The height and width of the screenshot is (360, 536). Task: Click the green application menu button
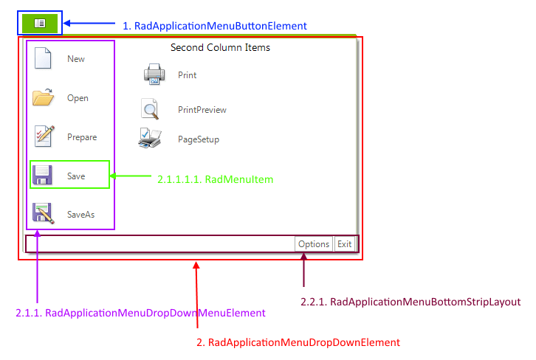(x=40, y=23)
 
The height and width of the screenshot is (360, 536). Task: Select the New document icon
(x=43, y=58)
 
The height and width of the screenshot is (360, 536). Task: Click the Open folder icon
(x=43, y=97)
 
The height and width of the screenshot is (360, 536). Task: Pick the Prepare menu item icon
(x=44, y=136)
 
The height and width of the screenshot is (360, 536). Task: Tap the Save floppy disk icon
(x=43, y=176)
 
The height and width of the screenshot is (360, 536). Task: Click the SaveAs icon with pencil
(x=43, y=213)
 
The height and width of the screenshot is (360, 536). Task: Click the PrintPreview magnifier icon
(x=151, y=109)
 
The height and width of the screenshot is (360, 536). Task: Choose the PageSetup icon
(x=150, y=138)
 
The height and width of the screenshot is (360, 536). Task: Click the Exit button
(x=344, y=244)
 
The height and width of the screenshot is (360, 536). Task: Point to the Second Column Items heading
(x=220, y=48)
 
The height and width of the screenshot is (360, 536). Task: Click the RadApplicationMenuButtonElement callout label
(x=214, y=26)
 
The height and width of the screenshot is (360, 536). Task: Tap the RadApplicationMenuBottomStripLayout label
(x=410, y=302)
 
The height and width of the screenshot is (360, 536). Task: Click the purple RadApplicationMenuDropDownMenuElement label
(x=140, y=313)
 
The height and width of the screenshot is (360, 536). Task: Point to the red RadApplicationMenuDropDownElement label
(x=298, y=342)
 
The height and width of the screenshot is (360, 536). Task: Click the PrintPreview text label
(x=202, y=110)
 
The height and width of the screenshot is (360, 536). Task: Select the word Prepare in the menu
(x=81, y=137)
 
